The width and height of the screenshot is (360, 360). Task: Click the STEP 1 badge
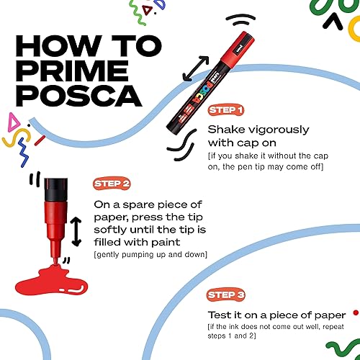226,110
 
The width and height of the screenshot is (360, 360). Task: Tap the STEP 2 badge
112,184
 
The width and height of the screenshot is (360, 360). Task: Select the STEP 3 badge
225,294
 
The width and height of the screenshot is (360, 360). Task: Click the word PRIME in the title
73,71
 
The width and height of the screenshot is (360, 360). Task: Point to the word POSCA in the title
79,96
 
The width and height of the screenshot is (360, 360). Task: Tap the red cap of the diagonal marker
238,48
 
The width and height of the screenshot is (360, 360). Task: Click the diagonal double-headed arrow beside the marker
196,68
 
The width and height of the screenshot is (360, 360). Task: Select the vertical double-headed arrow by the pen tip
76,232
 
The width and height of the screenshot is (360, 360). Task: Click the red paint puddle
52,281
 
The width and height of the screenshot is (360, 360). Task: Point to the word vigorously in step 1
279,130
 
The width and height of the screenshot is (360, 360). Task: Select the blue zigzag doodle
23,153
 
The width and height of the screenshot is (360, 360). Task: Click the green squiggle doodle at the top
138,12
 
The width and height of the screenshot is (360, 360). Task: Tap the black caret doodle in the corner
333,21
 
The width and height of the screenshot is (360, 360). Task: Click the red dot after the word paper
356,312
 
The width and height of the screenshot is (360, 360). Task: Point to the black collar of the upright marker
56,189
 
